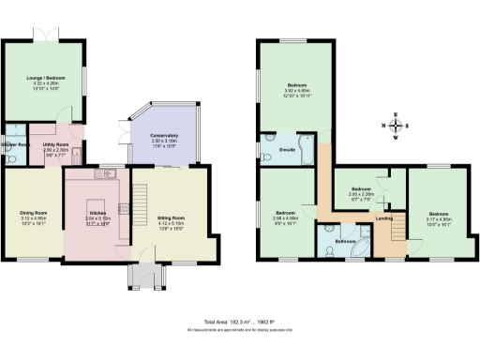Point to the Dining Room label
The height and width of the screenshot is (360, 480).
[34, 212]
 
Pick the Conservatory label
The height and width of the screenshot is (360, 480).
[164, 136]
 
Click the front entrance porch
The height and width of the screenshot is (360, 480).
[144, 275]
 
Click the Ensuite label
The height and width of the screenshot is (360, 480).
[289, 150]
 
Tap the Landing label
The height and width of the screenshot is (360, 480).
[383, 219]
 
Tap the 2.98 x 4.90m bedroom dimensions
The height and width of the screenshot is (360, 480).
[287, 218]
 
